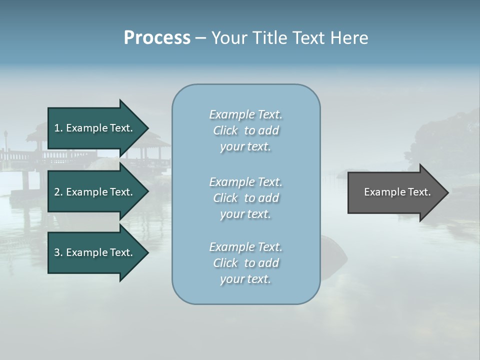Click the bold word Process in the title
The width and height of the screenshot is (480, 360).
tap(157, 38)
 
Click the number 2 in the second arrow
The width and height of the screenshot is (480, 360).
tap(57, 192)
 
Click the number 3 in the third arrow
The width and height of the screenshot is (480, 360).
tap(57, 252)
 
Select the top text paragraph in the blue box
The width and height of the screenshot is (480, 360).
tap(245, 130)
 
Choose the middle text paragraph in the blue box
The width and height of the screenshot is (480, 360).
tap(245, 197)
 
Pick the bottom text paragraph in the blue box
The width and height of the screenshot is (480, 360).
tap(245, 263)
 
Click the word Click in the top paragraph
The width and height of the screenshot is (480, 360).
tap(225, 130)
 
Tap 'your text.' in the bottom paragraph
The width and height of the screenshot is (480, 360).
tap(245, 279)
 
